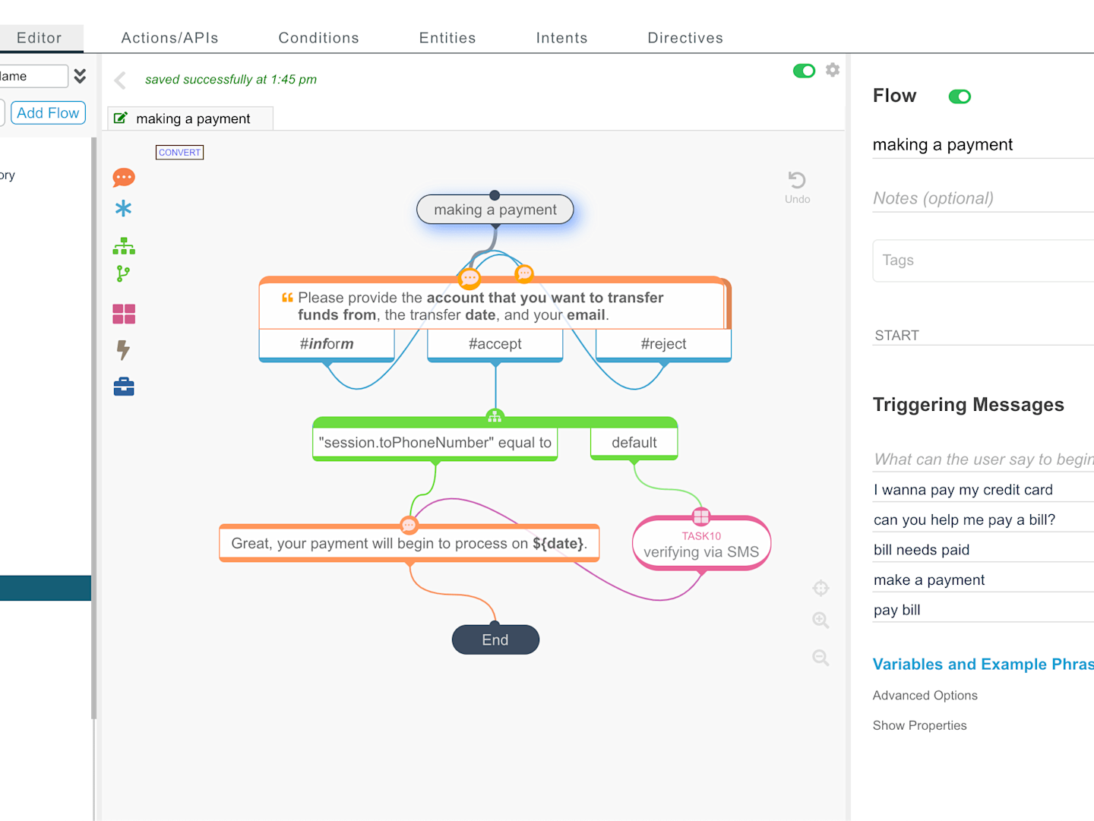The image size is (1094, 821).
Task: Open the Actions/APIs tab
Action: pos(169,38)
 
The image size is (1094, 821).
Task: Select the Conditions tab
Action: pos(318,38)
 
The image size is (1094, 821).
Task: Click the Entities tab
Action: pos(447,38)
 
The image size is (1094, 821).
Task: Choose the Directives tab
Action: pos(685,38)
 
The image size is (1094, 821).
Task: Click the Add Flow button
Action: pos(48,112)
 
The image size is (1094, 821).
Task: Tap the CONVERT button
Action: pos(179,152)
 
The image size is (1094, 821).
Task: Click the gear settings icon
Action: pos(833,70)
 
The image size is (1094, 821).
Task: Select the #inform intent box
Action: pos(327,344)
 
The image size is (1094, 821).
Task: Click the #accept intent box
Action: pos(495,344)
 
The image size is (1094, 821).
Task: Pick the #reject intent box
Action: pos(663,344)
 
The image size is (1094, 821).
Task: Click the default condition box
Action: pos(634,443)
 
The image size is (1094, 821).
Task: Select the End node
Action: pos(495,639)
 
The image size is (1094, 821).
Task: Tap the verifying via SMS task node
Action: pos(701,544)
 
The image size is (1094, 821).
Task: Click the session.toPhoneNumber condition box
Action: pos(435,443)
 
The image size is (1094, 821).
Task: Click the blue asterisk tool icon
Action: pos(123,208)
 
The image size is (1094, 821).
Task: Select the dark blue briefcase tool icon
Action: pos(124,387)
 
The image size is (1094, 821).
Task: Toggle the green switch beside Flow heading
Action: pos(960,96)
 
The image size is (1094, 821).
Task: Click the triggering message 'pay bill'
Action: pos(896,610)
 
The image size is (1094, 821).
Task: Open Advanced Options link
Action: pos(925,696)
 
